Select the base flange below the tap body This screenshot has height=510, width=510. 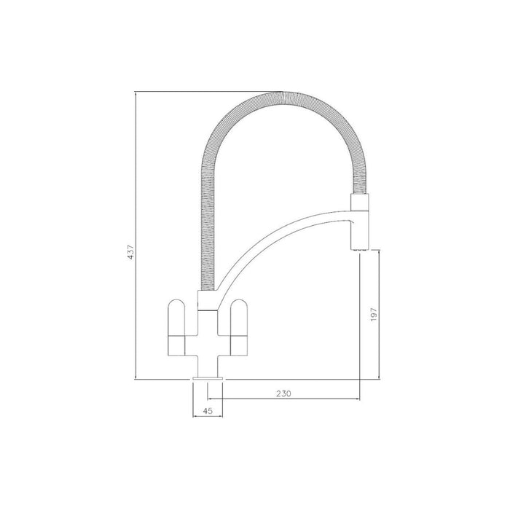[x=207, y=377]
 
